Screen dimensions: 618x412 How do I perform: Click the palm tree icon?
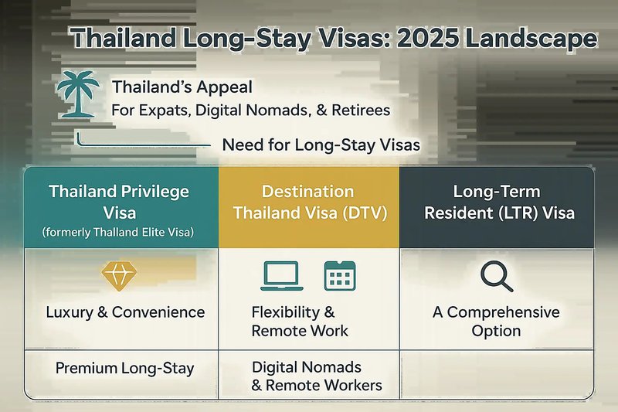pyautogui.click(x=78, y=94)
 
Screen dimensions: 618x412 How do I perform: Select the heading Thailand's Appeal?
pyautogui.click(x=182, y=87)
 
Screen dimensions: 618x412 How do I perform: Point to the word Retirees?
pyautogui.click(x=361, y=110)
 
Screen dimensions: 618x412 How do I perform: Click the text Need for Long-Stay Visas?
pyautogui.click(x=321, y=145)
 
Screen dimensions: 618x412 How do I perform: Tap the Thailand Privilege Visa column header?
pyautogui.click(x=121, y=207)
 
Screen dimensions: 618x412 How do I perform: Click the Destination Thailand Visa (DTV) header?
pyautogui.click(x=309, y=207)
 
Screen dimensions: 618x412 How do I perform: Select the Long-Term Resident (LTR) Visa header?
pyautogui.click(x=497, y=207)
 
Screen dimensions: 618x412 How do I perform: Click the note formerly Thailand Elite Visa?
pyautogui.click(x=118, y=232)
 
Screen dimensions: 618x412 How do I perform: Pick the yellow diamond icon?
pyautogui.click(x=119, y=276)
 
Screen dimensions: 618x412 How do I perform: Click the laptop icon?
pyautogui.click(x=281, y=276)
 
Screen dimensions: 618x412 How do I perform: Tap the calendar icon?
pyautogui.click(x=340, y=276)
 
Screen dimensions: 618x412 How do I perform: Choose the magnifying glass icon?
pyautogui.click(x=497, y=276)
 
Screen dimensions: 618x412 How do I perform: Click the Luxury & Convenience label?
pyautogui.click(x=125, y=312)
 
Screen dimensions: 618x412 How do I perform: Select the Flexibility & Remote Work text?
pyautogui.click(x=300, y=322)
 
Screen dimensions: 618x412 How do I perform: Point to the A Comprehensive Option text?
pyautogui.click(x=496, y=322)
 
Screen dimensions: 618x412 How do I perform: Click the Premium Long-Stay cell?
pyautogui.click(x=124, y=368)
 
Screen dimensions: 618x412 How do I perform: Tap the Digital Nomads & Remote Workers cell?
pyautogui.click(x=317, y=376)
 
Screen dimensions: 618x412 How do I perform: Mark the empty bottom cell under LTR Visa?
pyautogui.click(x=497, y=374)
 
